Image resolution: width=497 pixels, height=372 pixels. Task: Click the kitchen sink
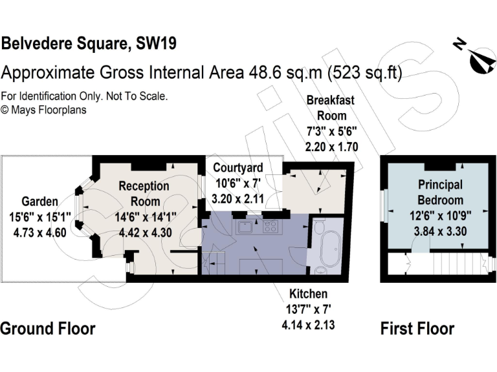click(x=245, y=227)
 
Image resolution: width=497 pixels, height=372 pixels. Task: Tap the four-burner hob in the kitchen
click(x=271, y=227)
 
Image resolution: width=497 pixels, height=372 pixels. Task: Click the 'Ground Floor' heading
click(x=47, y=328)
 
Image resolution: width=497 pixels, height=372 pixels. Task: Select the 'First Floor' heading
click(x=417, y=328)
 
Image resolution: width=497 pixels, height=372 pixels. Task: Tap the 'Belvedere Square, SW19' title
click(x=89, y=44)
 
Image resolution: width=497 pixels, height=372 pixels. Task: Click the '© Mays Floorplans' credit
click(x=43, y=110)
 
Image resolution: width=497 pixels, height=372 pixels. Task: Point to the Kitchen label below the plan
click(x=308, y=294)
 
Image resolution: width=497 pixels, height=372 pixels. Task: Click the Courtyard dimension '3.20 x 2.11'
click(x=238, y=199)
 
